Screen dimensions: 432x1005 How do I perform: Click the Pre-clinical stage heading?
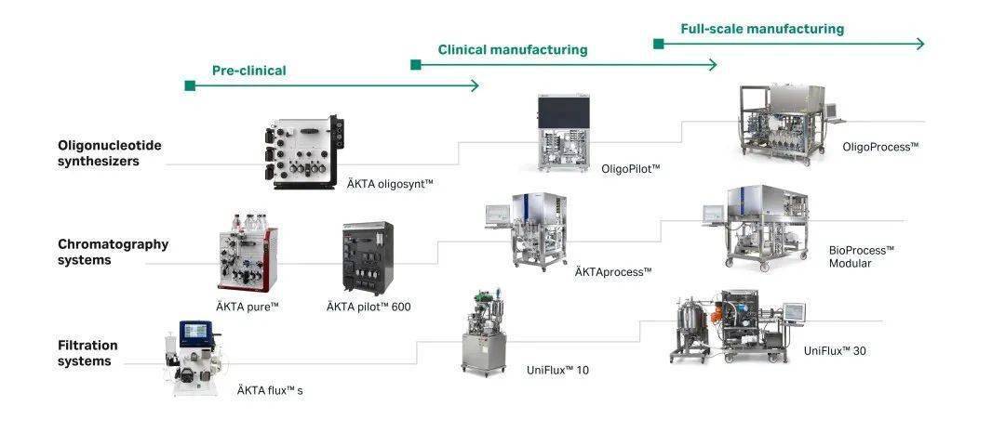[248, 71]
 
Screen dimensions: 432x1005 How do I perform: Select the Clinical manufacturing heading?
[513, 49]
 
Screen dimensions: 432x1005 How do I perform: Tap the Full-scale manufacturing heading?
[762, 29]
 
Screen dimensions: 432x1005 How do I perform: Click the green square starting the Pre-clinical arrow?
[190, 85]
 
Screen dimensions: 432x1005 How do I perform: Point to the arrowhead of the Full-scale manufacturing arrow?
[920, 44]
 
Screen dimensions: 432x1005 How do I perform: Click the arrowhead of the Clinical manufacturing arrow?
[713, 64]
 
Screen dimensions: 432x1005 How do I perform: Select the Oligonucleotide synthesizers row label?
[99, 153]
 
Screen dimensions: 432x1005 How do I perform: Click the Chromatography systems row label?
[113, 253]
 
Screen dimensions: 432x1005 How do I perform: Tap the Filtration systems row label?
[87, 353]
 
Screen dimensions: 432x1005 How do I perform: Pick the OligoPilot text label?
[630, 168]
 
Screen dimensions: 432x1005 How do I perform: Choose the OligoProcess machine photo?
[784, 128]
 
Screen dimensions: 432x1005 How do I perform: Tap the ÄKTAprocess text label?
[612, 271]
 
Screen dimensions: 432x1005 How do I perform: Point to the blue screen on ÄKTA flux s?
[198, 333]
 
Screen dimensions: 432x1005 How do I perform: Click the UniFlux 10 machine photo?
[488, 333]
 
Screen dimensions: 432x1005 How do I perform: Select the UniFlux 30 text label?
[835, 351]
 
